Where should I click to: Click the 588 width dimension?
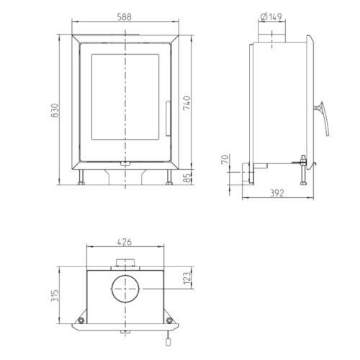[125, 17]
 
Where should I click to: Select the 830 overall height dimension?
[55, 110]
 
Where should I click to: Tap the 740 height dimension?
[186, 103]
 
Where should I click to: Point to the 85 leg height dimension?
[187, 178]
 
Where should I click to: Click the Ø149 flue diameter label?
[271, 17]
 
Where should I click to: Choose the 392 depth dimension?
[277, 193]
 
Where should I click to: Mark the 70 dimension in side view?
[225, 160]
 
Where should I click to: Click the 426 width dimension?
[125, 242]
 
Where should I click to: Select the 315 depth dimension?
[55, 296]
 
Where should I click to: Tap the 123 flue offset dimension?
[187, 278]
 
